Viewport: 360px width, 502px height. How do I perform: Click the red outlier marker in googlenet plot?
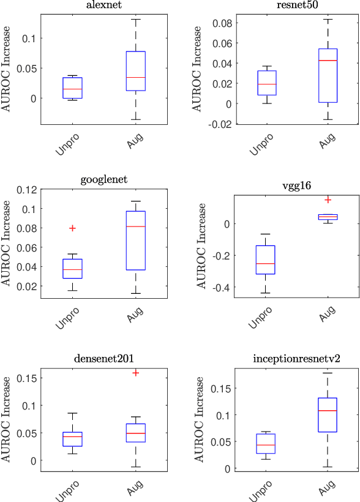coord(72,228)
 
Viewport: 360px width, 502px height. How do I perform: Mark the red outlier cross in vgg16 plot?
coord(328,200)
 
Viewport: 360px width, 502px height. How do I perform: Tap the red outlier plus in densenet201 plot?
coord(136,372)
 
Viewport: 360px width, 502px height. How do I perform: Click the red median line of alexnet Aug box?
coord(136,77)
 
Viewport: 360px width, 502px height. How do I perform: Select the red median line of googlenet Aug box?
coord(136,227)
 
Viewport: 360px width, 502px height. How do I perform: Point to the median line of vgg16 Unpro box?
coord(265,263)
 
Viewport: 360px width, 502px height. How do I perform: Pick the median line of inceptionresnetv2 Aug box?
coord(328,410)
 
